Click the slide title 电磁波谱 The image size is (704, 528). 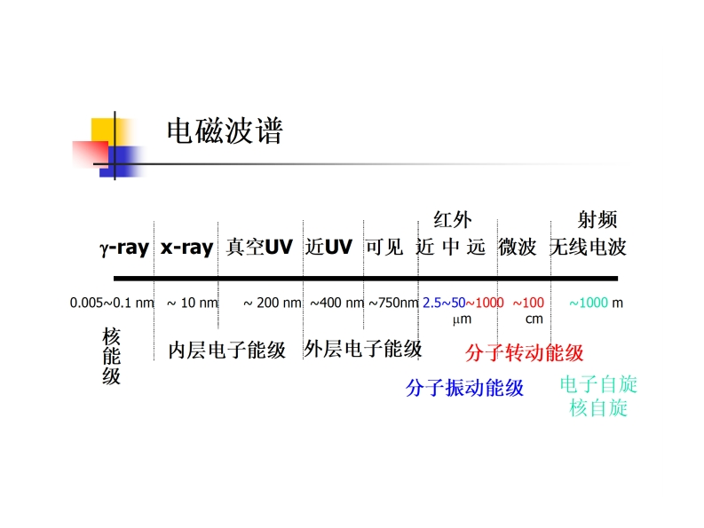click(x=225, y=132)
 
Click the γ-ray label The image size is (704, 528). click(x=123, y=248)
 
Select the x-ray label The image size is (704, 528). click(x=186, y=248)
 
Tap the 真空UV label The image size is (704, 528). click(x=259, y=248)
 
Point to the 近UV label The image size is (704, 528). click(x=328, y=248)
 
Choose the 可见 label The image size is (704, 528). click(x=384, y=248)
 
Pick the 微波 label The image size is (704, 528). click(x=518, y=248)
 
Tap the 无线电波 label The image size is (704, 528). click(x=588, y=248)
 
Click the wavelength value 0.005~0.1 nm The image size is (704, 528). click(x=112, y=303)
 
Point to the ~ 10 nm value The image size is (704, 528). click(x=193, y=303)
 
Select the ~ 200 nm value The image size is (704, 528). click(x=273, y=303)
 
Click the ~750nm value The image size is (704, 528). click(x=393, y=303)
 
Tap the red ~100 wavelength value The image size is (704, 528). click(x=528, y=303)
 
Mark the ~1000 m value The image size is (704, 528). click(x=596, y=303)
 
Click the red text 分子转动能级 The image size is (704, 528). click(x=524, y=353)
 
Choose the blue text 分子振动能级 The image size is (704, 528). click(x=464, y=388)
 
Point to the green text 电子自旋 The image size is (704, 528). click(x=598, y=385)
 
